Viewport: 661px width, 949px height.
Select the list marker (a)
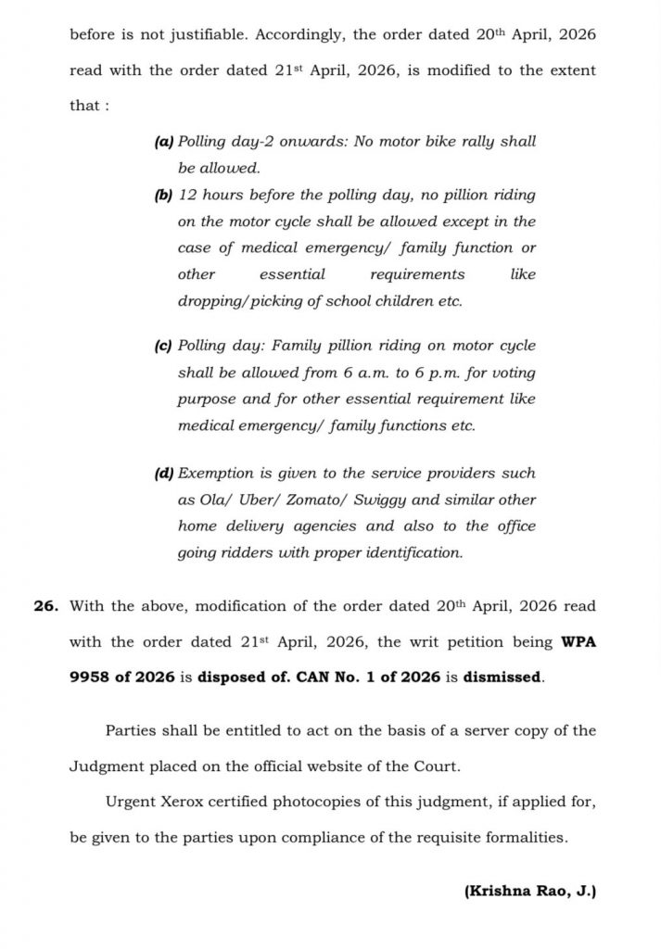tap(162, 143)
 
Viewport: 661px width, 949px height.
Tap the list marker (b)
tap(162, 196)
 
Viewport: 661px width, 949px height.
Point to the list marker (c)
tap(162, 346)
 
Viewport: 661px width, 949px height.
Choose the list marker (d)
tap(162, 473)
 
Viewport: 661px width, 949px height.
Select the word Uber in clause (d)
tap(235, 500)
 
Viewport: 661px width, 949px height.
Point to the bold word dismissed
tap(502, 677)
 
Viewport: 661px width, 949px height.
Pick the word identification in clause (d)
tap(416, 552)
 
